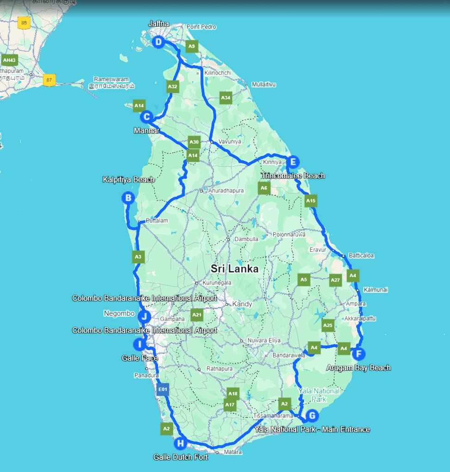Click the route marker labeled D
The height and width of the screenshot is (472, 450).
[158, 42]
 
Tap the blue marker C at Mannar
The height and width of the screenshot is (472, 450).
[146, 117]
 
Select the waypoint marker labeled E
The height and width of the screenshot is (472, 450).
[292, 162]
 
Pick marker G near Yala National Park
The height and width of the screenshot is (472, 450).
[312, 416]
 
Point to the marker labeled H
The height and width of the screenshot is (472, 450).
[180, 444]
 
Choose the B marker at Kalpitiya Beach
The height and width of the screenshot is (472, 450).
[128, 198]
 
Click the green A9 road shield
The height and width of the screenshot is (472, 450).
[192, 46]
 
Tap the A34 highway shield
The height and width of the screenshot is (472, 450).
[225, 97]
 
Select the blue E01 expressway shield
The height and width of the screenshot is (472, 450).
[162, 390]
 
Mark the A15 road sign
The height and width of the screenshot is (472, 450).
[310, 200]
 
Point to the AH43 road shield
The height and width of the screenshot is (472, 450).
[9, 60]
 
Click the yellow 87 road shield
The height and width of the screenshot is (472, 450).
[49, 80]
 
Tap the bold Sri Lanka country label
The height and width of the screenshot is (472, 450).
[235, 269]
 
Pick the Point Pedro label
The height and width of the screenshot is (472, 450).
[201, 27]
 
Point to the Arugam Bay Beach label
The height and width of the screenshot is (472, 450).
[359, 368]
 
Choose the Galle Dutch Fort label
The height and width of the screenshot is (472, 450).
[181, 457]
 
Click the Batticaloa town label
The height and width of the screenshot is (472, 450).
[360, 255]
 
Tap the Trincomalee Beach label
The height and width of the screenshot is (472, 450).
[293, 176]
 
